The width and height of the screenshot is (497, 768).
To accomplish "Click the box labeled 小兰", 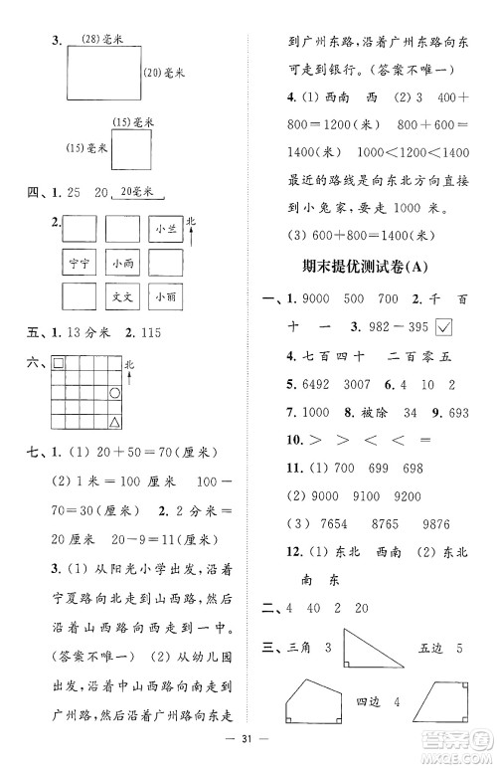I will point(165,231).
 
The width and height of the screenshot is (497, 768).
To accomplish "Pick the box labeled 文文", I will point(122,297).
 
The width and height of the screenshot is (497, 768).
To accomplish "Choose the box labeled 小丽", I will point(165,297).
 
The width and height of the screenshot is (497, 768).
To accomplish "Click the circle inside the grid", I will point(115,394).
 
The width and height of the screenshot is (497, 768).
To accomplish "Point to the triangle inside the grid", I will point(115,424).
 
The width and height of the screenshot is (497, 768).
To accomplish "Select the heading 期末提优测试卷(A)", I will point(371,269).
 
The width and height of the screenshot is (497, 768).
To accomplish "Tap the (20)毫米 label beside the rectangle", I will point(166,72).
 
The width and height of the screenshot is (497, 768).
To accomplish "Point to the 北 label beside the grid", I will point(130,365).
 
